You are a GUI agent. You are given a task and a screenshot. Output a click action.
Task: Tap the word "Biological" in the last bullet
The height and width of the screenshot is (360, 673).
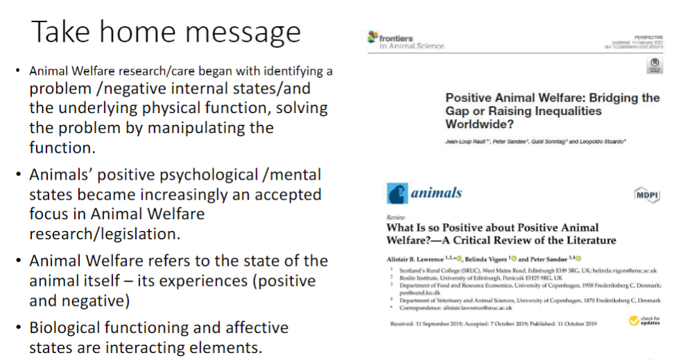coord(68,327)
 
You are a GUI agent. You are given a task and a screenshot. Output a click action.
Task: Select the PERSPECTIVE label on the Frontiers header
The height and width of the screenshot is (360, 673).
coord(647,36)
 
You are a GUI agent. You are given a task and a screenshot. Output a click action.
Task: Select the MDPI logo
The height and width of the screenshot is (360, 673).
coord(647,195)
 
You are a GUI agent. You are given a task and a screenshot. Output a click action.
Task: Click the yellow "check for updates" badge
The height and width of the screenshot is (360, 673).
coord(643,320)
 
